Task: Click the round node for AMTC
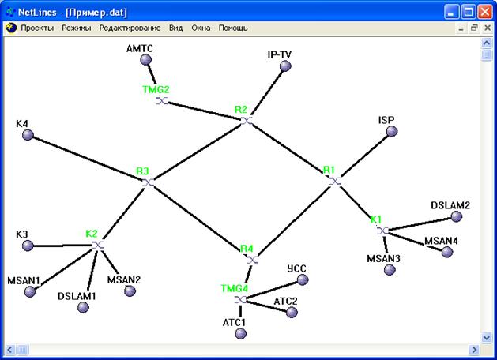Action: coord(146,59)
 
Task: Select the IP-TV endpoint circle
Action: coord(285,66)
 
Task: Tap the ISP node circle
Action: coord(392,131)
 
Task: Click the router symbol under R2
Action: coord(247,121)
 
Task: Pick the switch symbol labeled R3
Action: coord(148,182)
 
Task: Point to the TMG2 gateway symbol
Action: coord(162,101)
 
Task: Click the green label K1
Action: coord(376,219)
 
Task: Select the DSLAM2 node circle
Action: coord(457,216)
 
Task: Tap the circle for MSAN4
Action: coord(447,252)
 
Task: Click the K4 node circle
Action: coord(28,135)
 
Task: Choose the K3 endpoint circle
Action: coord(28,246)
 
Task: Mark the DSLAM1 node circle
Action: coord(83,307)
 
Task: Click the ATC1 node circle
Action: coord(240,333)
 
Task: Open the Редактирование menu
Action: coord(130,28)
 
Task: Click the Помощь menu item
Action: coord(233,28)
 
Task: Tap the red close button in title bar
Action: coord(485,12)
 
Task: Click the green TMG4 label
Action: coord(235,288)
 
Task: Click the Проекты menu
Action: coord(37,28)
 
